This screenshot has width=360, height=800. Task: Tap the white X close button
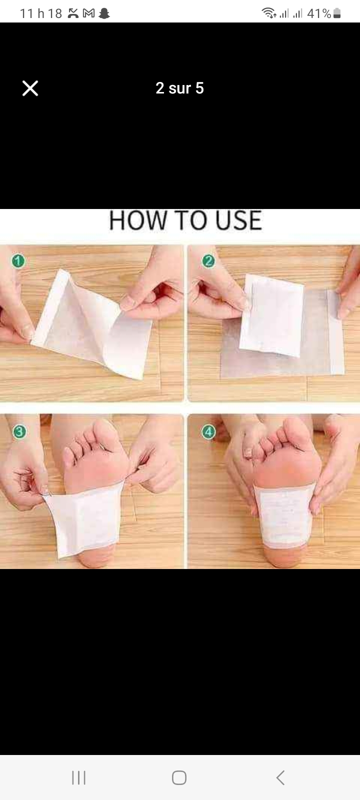point(30,88)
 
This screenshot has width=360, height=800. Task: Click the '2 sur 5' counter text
point(179,88)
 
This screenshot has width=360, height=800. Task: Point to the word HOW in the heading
point(138,220)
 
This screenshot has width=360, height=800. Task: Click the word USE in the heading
point(239,220)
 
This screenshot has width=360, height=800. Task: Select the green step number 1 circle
point(18,260)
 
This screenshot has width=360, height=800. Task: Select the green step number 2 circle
point(208,261)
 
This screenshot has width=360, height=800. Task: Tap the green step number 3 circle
point(19,432)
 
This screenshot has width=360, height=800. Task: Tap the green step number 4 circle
point(208,432)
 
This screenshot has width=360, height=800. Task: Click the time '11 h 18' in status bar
point(41,13)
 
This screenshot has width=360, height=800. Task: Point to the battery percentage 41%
point(319,13)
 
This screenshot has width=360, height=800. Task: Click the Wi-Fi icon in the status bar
point(269,13)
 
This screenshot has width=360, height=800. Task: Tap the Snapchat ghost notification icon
point(104,13)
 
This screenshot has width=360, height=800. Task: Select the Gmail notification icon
point(88,13)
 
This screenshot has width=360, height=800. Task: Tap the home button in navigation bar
point(179,777)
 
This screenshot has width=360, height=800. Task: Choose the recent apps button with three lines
point(78,777)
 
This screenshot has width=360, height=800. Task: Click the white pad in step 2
point(272,315)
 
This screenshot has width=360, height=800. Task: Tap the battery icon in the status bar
point(337,13)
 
